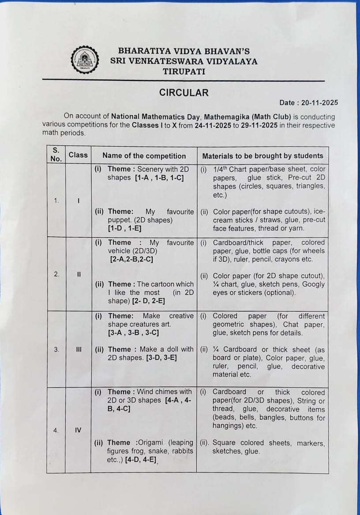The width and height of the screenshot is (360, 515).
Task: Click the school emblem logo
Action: click(x=85, y=60)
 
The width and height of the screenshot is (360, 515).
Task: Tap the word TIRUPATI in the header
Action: click(x=184, y=71)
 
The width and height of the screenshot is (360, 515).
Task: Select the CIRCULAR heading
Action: click(x=184, y=93)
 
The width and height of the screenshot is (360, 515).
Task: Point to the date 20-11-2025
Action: click(x=320, y=103)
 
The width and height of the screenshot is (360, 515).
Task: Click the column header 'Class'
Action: click(x=78, y=155)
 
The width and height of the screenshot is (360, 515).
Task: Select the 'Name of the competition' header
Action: click(x=144, y=156)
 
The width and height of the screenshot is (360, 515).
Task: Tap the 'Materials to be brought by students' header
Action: click(x=262, y=156)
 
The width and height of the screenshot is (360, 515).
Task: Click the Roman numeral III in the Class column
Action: click(x=79, y=350)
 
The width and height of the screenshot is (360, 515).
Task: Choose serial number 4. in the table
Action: click(x=56, y=431)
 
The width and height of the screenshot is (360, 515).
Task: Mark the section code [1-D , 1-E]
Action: click(x=124, y=228)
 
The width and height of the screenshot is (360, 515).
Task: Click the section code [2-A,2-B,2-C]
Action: click(x=131, y=259)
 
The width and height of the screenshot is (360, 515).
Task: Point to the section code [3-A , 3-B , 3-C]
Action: click(x=133, y=332)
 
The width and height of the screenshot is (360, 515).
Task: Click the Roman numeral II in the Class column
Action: click(x=79, y=274)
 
